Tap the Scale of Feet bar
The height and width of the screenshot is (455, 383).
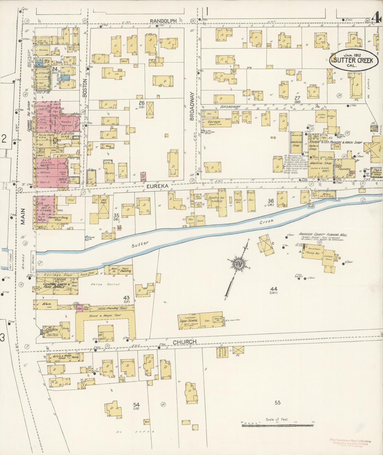point(277,426)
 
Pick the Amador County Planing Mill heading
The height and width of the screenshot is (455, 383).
point(323,235)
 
